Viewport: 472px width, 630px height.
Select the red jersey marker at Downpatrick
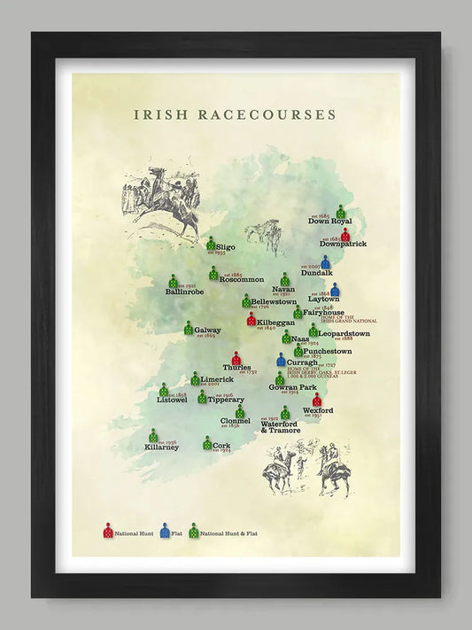pos(346,236)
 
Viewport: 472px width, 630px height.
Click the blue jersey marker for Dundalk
pos(326,262)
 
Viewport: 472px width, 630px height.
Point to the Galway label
pos(207,331)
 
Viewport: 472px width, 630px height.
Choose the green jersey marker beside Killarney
pos(153,436)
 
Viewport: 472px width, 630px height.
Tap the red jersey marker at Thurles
pos(236,358)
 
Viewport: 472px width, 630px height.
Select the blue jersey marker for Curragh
pos(282,360)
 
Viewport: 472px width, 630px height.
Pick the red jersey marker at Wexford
pos(317,401)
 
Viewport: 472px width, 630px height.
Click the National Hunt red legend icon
pos(108,531)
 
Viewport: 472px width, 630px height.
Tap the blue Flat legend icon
pos(165,531)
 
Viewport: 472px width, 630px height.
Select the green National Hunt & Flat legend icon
pos(193,531)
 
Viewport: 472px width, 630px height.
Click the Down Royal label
pos(330,221)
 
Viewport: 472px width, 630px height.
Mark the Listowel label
pos(172,400)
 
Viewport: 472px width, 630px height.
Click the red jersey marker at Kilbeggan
pos(251,318)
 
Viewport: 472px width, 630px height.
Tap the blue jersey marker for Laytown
pos(335,289)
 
